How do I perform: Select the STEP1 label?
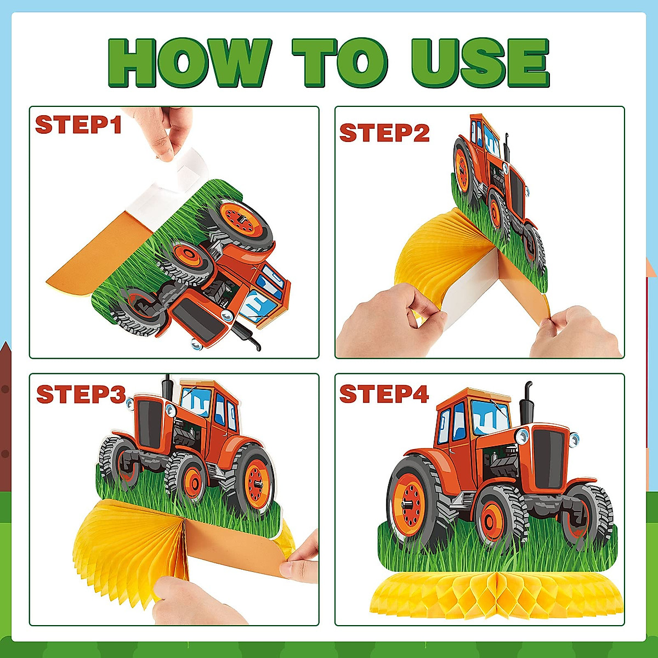pos(78,125)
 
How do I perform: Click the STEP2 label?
pos(384,133)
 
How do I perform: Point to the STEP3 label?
pos(81,394)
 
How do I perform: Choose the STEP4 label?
pos(384,394)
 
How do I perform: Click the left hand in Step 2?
pos(384,324)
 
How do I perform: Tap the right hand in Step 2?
pos(576,332)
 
